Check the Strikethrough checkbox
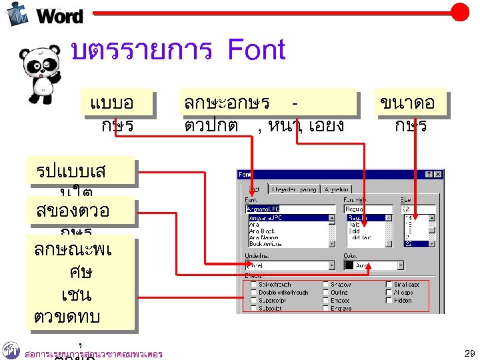pos(253,284)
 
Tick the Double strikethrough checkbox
pos(253,292)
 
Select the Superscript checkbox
pos(253,300)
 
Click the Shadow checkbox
pos(325,284)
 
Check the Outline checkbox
pos(325,292)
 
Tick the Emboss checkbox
pos(325,300)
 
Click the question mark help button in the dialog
pos(428,175)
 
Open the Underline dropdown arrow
pos(331,265)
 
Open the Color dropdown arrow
pos(400,265)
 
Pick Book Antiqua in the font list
pos(265,243)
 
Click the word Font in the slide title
pos(256,51)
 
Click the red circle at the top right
pos(460,12)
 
